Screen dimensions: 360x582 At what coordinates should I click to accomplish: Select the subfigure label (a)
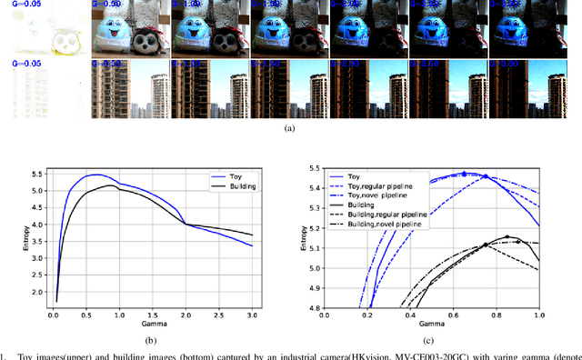pyautogui.click(x=290, y=129)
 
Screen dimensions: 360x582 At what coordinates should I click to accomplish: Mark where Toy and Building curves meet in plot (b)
pyautogui.click(x=185, y=224)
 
